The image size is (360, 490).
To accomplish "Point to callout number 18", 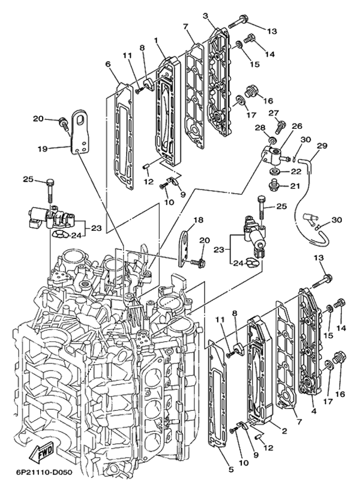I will (x=197, y=220).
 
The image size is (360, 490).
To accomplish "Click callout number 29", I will (x=322, y=146).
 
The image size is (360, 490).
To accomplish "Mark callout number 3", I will (x=206, y=15).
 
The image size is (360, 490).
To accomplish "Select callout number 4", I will (x=313, y=411).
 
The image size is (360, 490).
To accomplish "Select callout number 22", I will (x=295, y=172).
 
